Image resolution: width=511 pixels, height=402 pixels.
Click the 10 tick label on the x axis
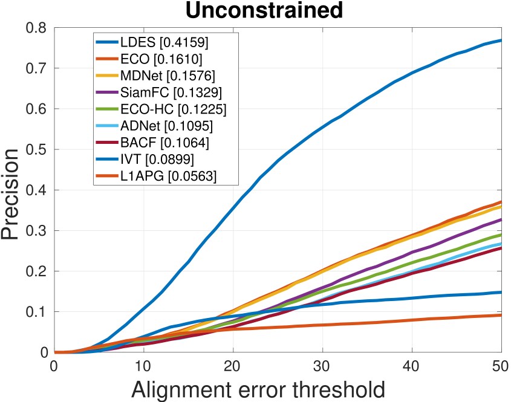[x=143, y=366]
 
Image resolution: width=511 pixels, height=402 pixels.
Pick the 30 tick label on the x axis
[x=322, y=366]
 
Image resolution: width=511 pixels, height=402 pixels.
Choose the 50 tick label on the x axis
[x=501, y=366]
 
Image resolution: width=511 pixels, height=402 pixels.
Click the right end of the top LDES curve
[x=501, y=40]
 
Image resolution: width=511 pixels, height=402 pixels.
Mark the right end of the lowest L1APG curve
[x=501, y=315]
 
